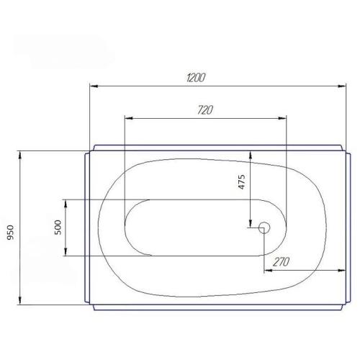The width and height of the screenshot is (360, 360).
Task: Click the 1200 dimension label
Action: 196,78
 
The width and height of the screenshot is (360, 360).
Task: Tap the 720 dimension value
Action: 205,110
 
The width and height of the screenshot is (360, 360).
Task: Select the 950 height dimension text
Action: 10,233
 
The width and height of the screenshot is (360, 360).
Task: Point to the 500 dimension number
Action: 58,228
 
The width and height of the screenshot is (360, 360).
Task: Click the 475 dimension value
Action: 242,182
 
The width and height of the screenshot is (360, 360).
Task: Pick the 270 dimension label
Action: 281,262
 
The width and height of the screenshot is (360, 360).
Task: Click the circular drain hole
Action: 264,228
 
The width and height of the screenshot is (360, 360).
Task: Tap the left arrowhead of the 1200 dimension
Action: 94,86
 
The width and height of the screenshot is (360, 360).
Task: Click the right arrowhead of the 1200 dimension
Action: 341,86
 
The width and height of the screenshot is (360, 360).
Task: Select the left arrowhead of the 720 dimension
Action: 129,118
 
